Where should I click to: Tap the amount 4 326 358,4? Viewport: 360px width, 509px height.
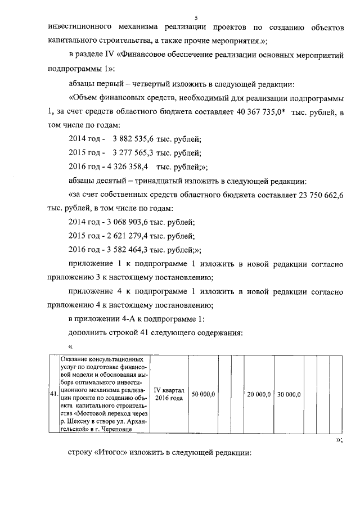[x=127, y=167]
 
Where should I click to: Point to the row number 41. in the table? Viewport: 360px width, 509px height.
[x=54, y=394]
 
